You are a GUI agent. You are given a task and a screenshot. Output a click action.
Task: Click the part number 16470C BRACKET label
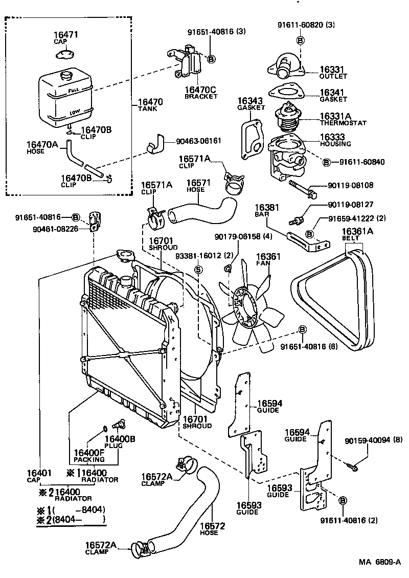click(x=201, y=93)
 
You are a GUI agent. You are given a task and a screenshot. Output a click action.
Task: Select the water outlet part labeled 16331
click(x=284, y=68)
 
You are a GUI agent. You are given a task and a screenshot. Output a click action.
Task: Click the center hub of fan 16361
click(x=249, y=307)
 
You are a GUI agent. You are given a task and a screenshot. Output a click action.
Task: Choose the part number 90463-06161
click(x=198, y=140)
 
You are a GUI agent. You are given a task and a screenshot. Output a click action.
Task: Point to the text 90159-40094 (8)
click(x=374, y=439)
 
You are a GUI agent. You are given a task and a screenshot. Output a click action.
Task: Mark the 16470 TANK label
click(x=150, y=105)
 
